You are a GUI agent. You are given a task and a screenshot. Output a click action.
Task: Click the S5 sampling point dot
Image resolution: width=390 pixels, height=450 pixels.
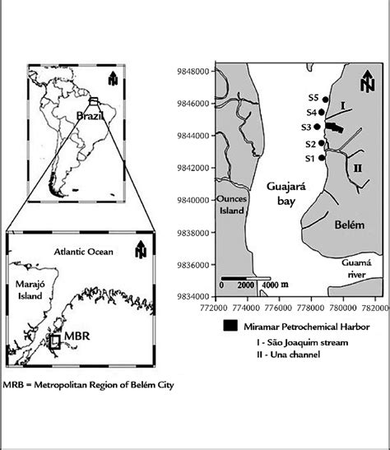pos(326,100)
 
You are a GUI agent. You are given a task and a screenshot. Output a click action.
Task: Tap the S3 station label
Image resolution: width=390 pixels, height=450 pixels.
pos(305,128)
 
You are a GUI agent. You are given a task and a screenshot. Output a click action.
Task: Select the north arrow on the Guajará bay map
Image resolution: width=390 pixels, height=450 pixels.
pos(367,83)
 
